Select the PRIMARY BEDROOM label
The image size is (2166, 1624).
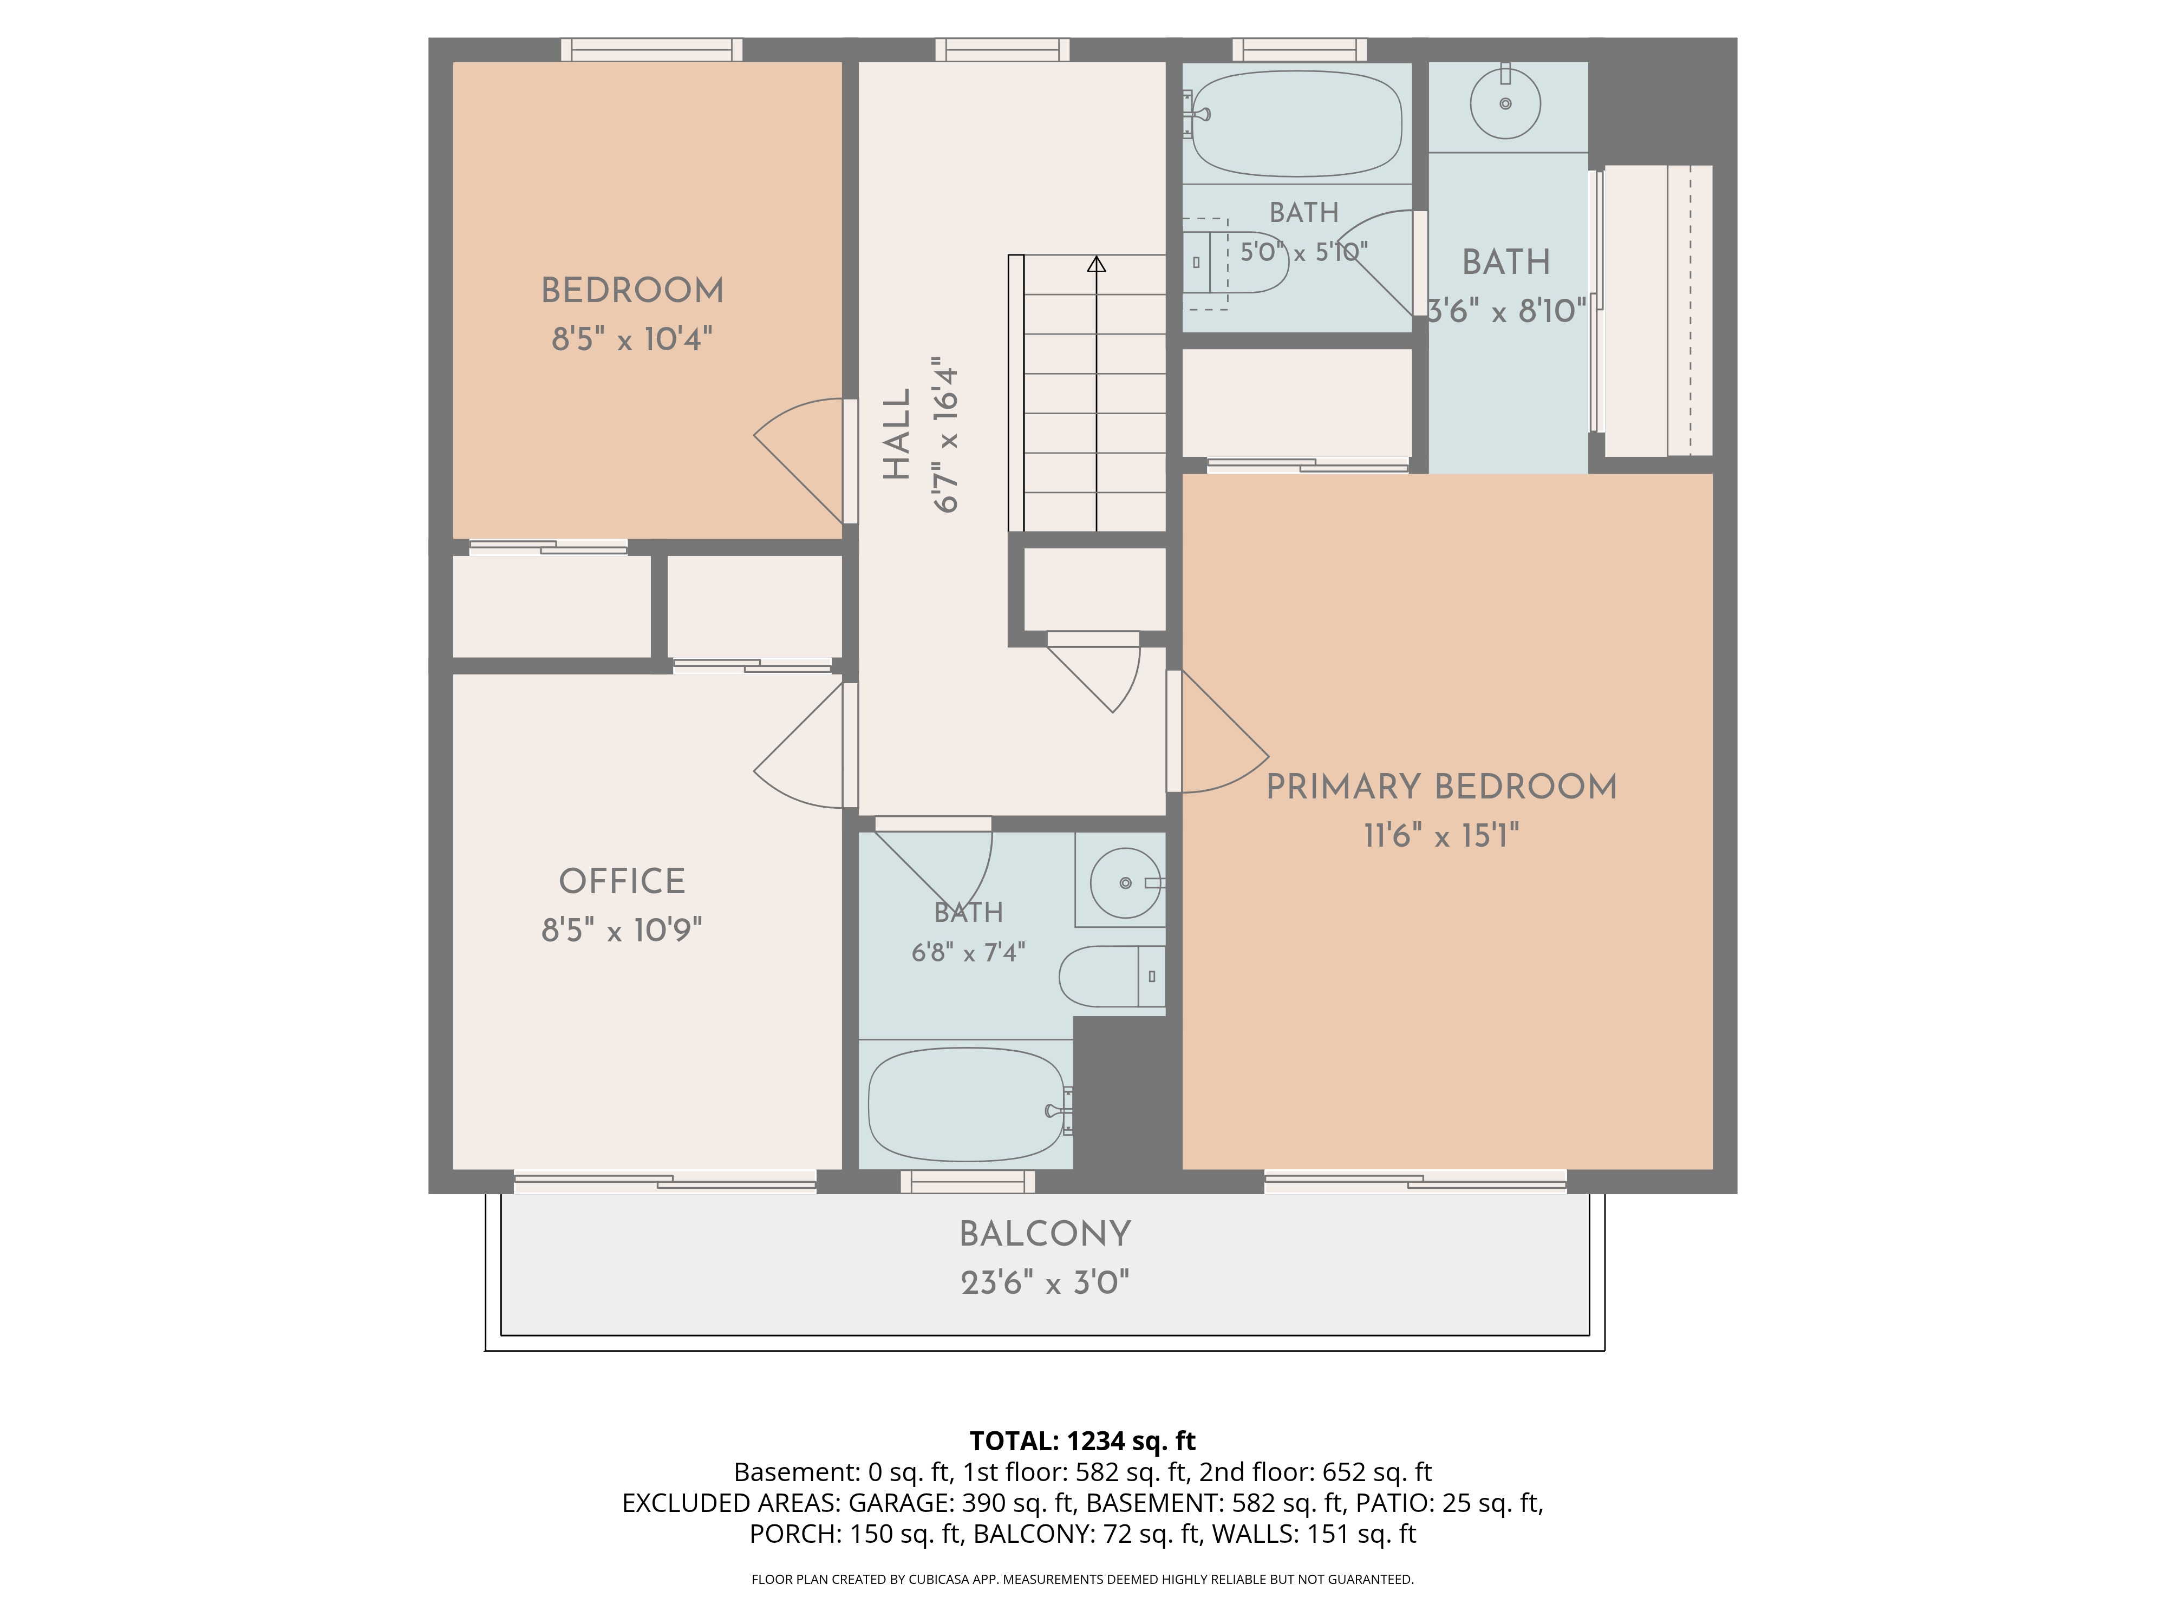pyautogui.click(x=1441, y=787)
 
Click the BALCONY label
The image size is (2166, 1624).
pyautogui.click(x=1045, y=1234)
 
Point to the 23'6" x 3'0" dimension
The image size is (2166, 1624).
pyautogui.click(x=1045, y=1282)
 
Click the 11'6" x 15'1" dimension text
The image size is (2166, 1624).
pyautogui.click(x=1441, y=836)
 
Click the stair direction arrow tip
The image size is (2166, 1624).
pyautogui.click(x=1097, y=258)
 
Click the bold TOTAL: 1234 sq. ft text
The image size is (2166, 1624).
pyautogui.click(x=1082, y=1441)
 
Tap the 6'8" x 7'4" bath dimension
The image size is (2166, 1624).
pyautogui.click(x=968, y=952)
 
